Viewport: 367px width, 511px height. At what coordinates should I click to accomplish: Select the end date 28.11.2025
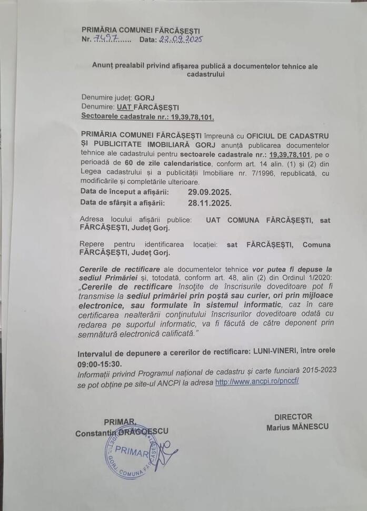coord(209,202)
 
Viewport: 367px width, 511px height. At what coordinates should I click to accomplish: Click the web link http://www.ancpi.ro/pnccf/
coord(257,381)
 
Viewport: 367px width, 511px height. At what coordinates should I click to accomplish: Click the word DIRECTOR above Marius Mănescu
coord(293,417)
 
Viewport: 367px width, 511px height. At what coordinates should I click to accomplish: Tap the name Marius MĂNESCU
coord(297,427)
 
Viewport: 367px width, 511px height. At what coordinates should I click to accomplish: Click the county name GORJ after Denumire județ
coord(144,97)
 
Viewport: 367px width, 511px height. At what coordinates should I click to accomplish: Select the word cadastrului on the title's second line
coord(205,75)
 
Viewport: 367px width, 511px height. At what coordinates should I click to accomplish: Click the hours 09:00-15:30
coord(100,363)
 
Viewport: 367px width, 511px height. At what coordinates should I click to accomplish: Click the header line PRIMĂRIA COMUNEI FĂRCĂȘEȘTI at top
coord(141,31)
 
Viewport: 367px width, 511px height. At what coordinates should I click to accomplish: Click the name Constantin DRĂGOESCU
coord(122,433)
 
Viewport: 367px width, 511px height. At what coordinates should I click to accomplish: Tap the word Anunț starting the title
coord(103,66)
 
